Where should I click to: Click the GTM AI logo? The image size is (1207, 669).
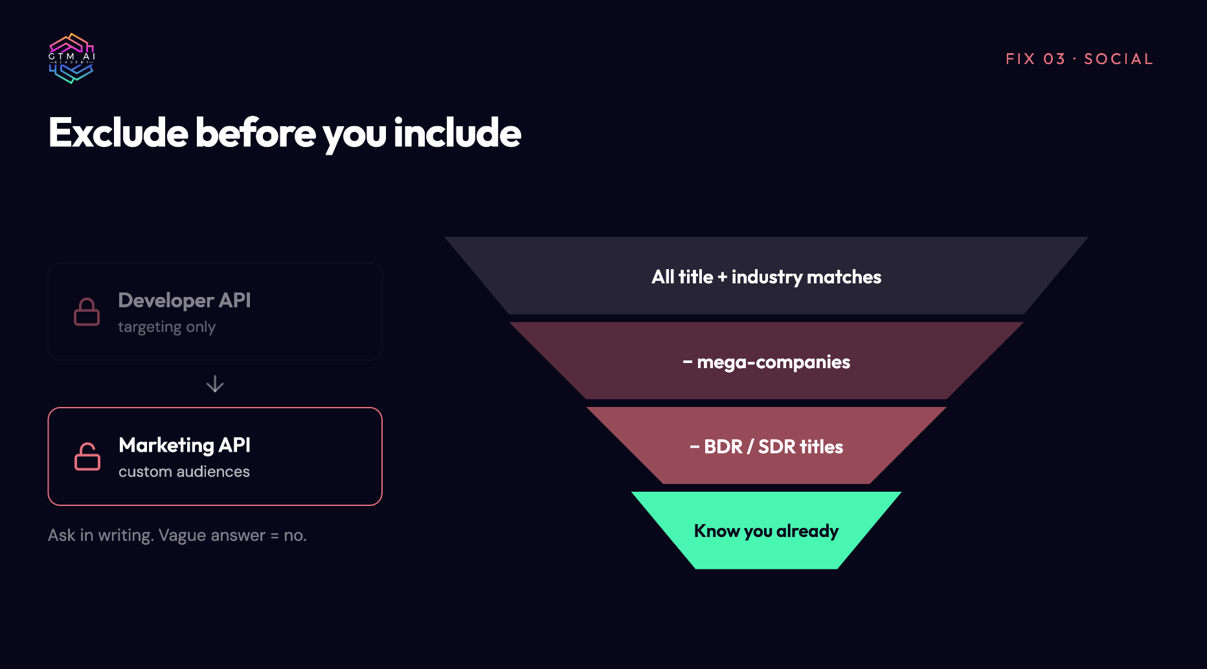72,58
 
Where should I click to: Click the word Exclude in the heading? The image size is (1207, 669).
118,133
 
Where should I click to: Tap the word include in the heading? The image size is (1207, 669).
457,133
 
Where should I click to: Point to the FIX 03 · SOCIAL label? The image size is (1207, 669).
1079,59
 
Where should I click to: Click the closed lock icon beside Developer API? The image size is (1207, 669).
87,312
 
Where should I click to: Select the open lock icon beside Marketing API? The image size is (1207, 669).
87,456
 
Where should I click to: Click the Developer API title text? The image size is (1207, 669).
185,300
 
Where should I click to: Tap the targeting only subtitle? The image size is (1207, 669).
166,327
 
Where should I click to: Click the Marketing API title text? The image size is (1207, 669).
185,445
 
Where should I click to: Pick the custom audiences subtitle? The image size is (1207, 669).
184,472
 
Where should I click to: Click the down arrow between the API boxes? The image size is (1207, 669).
215,384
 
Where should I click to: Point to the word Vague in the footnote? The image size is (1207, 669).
182,535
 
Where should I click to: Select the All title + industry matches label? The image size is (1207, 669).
766,277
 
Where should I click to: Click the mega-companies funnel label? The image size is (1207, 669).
766,362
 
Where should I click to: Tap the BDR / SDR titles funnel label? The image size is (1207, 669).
766,446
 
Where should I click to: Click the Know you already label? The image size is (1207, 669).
766,531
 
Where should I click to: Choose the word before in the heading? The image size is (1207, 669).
256,133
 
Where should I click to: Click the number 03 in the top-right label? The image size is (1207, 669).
1054,59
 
